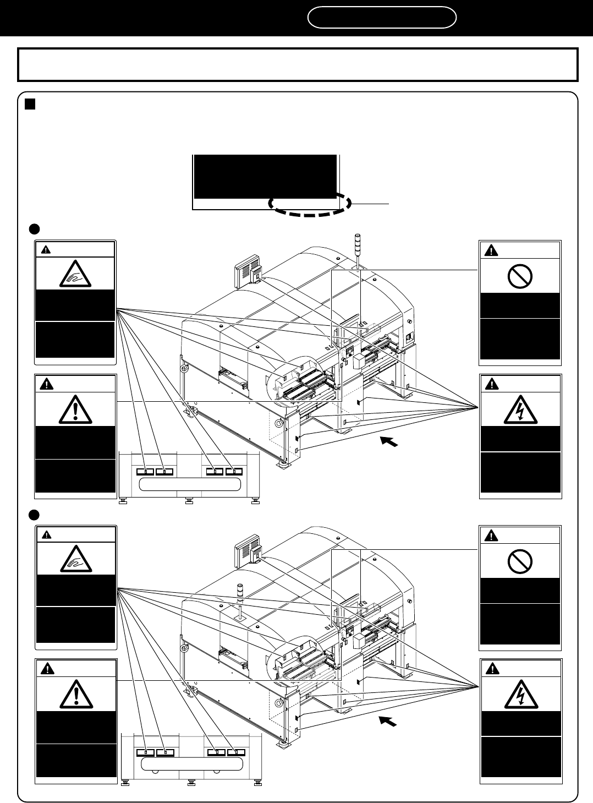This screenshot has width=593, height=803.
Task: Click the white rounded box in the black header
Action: pyautogui.click(x=382, y=17)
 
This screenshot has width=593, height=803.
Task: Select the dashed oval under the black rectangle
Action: pyautogui.click(x=310, y=204)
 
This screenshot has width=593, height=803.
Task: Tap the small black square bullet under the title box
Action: pyautogui.click(x=30, y=105)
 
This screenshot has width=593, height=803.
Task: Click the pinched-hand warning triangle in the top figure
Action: pyautogui.click(x=75, y=273)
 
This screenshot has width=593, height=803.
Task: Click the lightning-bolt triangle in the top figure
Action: pyautogui.click(x=520, y=410)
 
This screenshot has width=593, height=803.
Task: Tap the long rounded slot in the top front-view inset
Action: pyautogui.click(x=190, y=484)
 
